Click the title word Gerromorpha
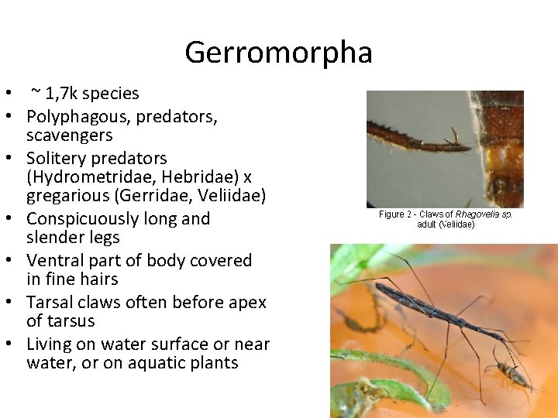(278, 53)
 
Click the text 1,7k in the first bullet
(61, 94)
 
